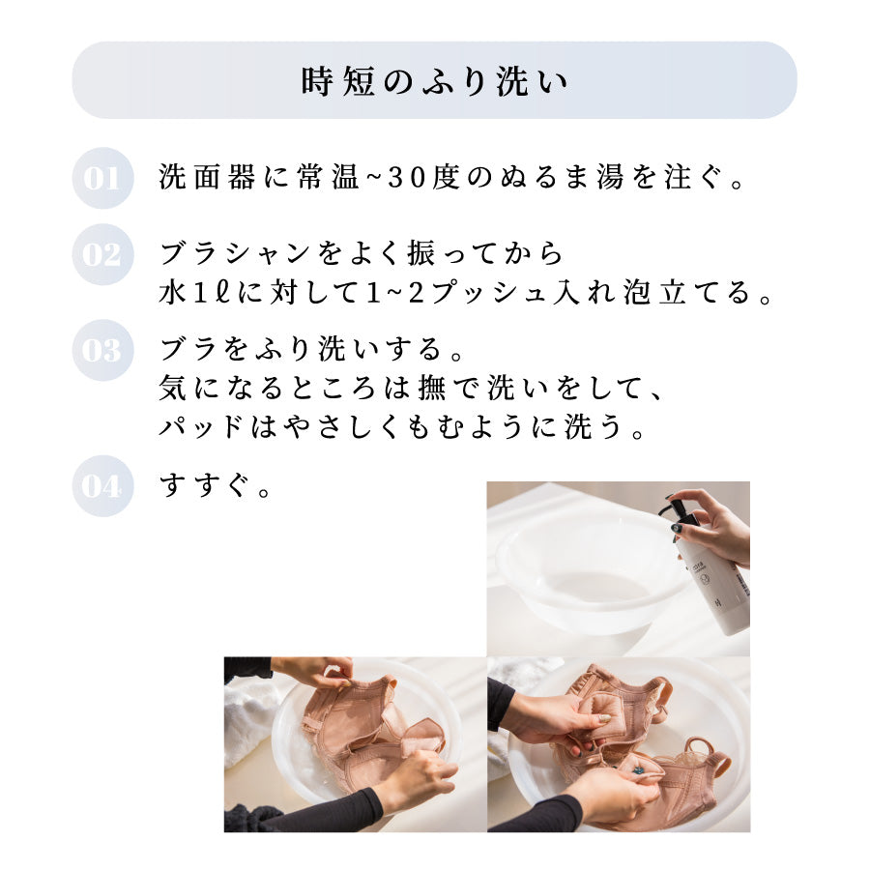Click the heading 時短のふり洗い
pyautogui.click(x=434, y=81)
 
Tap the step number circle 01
pyautogui.click(x=102, y=178)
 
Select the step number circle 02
pyautogui.click(x=102, y=254)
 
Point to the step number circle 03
pyautogui.click(x=102, y=350)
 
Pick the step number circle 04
pyautogui.click(x=102, y=486)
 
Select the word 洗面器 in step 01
pyautogui.click(x=207, y=178)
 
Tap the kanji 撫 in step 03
pyautogui.click(x=433, y=388)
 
